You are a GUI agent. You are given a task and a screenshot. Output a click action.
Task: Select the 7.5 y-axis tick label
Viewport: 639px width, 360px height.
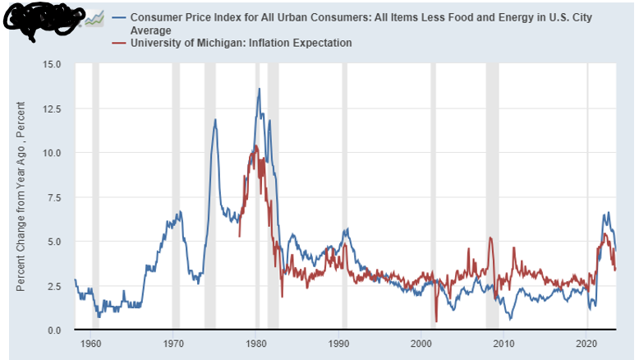point(54,197)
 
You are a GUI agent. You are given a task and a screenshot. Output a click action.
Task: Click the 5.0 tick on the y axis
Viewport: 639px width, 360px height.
point(54,242)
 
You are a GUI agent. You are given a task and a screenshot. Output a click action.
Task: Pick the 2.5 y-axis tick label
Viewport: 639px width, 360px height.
point(54,286)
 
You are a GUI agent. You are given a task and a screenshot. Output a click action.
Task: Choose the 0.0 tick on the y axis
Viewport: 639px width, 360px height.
point(54,330)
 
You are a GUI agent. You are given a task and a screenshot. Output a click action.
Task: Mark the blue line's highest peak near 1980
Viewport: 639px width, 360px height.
point(260,89)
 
